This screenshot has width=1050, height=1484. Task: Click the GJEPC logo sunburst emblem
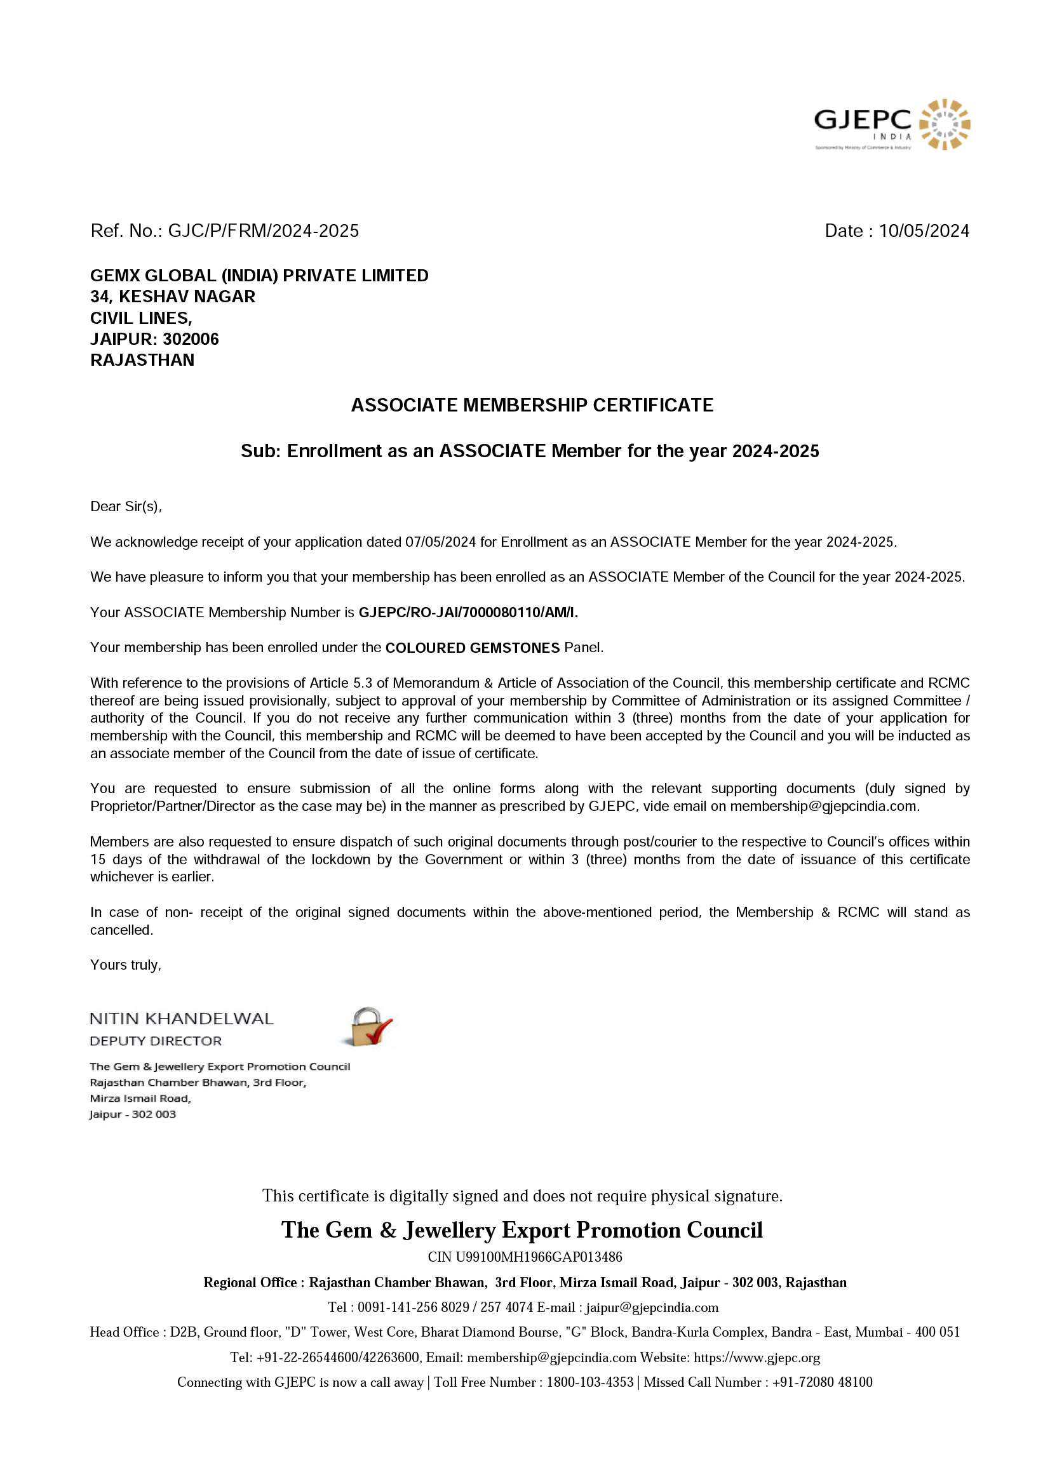(x=945, y=124)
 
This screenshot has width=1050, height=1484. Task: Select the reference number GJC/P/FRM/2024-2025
(x=263, y=231)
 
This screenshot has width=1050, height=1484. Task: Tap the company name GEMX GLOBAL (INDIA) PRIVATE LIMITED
(x=259, y=276)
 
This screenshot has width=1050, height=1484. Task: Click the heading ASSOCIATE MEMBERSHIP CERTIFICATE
(x=532, y=405)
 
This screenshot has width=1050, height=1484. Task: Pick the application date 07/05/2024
(x=440, y=542)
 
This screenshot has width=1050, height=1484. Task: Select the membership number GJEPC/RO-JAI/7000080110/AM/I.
(x=468, y=612)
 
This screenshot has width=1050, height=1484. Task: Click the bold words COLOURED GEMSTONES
(x=472, y=648)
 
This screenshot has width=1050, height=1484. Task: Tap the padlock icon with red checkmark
(x=365, y=1026)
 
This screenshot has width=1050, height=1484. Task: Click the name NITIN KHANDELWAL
(x=182, y=1019)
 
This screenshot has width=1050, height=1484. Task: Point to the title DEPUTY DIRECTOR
(x=155, y=1041)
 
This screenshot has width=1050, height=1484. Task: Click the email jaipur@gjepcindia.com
(x=652, y=1307)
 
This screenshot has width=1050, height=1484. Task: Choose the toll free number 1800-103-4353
(x=589, y=1382)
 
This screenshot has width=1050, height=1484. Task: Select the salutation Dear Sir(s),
(x=126, y=506)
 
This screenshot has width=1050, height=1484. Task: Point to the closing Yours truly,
(x=125, y=965)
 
